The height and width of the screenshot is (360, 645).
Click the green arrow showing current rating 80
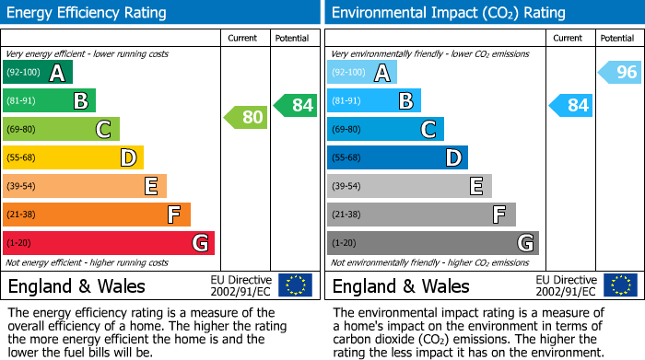pyautogui.click(x=246, y=117)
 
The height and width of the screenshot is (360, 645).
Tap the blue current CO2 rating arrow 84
pyautogui.click(x=570, y=105)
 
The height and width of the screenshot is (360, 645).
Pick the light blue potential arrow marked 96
pyautogui.click(x=620, y=72)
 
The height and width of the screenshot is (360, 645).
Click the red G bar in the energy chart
pyautogui.click(x=109, y=243)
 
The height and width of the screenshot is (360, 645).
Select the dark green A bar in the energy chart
pyautogui.click(x=37, y=72)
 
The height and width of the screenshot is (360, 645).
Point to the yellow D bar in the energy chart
pyautogui.click(x=73, y=157)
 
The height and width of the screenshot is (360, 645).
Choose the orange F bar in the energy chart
pyautogui.click(x=97, y=215)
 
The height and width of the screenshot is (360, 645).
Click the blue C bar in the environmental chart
pyautogui.click(x=385, y=129)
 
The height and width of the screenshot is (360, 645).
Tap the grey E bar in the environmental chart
pyautogui.click(x=409, y=186)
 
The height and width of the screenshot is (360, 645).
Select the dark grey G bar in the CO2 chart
pyautogui.click(x=432, y=243)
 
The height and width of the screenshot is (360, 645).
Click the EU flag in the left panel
pyautogui.click(x=295, y=285)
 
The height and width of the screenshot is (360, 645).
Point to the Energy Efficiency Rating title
pyautogui.click(x=88, y=13)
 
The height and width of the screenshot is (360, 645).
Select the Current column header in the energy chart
pyautogui.click(x=244, y=38)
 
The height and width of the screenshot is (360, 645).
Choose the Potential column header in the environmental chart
pyautogui.click(x=616, y=38)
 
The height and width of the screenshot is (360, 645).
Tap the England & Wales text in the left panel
pyautogui.click(x=72, y=285)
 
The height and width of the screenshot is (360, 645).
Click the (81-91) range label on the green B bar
pyautogui.click(x=21, y=100)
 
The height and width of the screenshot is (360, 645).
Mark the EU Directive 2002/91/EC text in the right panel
pyautogui.click(x=566, y=285)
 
